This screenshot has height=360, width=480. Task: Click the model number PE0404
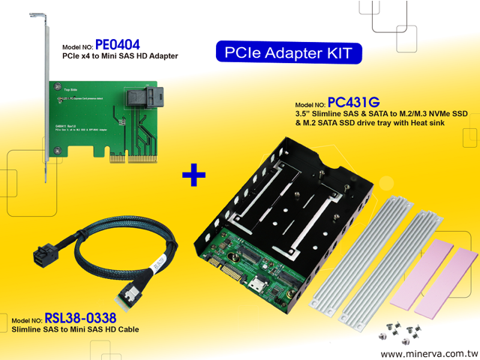[x=118, y=44]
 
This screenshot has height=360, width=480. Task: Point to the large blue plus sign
[x=193, y=177]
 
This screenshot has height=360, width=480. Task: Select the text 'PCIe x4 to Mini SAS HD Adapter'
[x=119, y=56]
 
